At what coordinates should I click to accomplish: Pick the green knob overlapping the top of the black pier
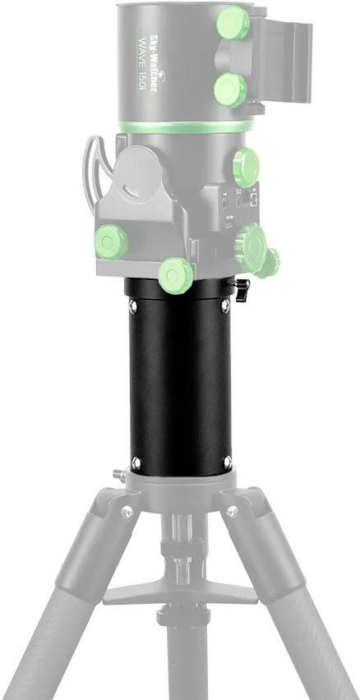(x=175, y=274)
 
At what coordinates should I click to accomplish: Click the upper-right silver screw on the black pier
(x=225, y=306)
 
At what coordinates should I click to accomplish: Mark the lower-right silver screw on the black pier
(x=228, y=459)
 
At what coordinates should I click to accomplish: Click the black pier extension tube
(x=179, y=386)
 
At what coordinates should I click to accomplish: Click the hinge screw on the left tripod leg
(x=126, y=512)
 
